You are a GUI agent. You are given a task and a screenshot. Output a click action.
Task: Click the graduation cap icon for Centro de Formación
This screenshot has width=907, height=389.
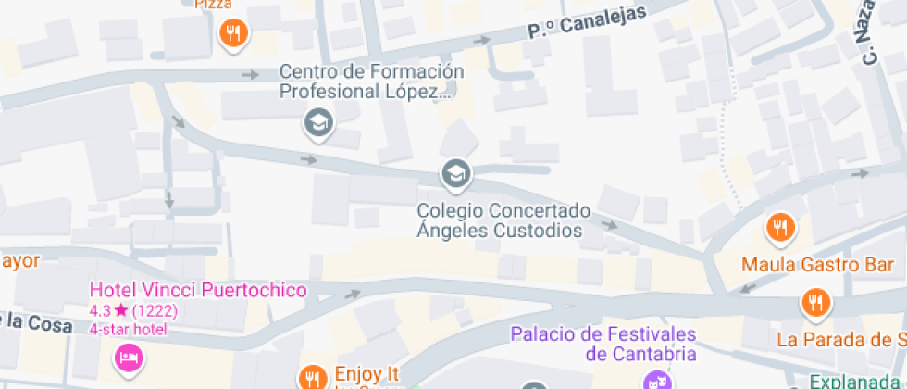tap(319, 121)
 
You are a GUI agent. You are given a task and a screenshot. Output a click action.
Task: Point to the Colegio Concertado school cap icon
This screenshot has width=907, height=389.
tap(454, 172)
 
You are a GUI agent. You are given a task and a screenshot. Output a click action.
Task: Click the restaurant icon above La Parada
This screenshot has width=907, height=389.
tap(815, 302)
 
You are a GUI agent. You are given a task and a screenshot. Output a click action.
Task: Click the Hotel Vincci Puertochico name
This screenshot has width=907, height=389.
tap(197, 291)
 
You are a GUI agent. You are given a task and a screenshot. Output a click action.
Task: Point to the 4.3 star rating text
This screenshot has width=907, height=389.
tap(132, 311)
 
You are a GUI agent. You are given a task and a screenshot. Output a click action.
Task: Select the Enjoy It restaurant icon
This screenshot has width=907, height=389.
tap(313, 377)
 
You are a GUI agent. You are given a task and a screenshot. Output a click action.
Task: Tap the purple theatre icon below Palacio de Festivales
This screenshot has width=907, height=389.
tap(657, 381)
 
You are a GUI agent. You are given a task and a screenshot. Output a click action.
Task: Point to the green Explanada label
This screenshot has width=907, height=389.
tap(856, 381)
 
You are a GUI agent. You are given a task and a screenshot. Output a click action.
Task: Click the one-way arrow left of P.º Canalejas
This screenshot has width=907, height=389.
tap(481, 41)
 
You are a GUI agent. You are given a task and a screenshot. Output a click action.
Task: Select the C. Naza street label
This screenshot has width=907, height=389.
tap(875, 31)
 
